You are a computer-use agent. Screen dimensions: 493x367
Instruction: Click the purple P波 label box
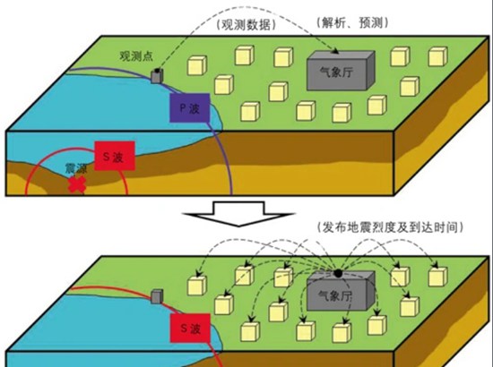tap(190, 107)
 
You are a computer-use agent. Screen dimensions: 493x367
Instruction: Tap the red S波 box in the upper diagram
tap(115, 156)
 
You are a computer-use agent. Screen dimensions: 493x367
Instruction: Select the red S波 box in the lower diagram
tap(190, 328)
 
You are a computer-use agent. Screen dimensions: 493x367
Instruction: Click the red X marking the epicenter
tap(77, 184)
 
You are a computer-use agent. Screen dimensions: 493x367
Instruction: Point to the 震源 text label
tap(76, 168)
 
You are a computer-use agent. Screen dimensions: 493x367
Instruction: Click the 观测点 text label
tap(136, 55)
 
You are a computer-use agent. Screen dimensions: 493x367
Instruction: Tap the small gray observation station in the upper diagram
tap(157, 76)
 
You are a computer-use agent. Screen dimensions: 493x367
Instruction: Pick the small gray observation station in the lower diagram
tap(157, 296)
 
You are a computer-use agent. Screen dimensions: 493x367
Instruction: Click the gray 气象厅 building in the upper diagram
tap(341, 71)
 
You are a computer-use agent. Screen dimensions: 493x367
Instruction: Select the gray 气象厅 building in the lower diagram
tap(341, 291)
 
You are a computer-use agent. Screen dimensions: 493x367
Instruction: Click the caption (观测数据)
tap(246, 25)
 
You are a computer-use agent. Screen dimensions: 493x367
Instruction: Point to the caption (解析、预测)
tap(352, 22)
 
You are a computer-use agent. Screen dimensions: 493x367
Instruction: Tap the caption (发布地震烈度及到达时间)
tap(390, 227)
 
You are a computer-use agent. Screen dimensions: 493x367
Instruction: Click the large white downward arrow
tap(238, 213)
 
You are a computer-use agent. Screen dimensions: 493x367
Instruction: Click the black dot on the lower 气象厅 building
tap(338, 273)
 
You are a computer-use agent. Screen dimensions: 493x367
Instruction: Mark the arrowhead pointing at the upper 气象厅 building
tap(335, 50)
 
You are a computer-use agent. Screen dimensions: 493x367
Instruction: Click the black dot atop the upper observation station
tap(157, 71)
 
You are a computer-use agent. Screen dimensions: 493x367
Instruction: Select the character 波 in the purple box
tap(195, 108)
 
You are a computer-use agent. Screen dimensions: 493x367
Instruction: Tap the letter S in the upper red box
tap(107, 157)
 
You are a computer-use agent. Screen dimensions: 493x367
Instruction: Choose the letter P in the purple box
tap(183, 108)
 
